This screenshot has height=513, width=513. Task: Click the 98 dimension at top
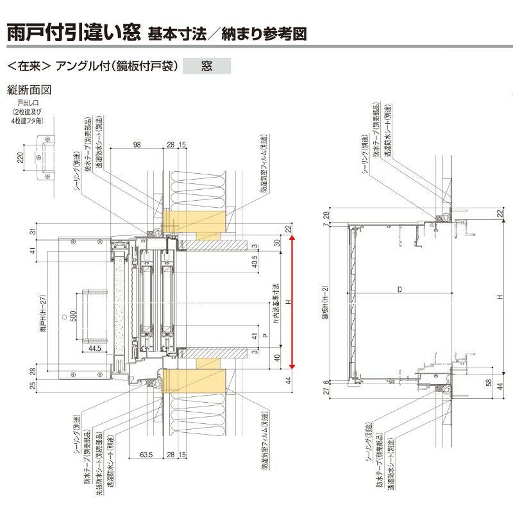(x=136, y=145)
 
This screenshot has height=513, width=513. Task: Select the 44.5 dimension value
(x=96, y=348)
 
